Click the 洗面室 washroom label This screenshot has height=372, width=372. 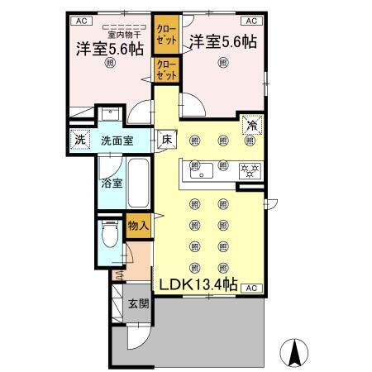(x=117, y=141)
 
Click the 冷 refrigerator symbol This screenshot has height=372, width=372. (x=250, y=126)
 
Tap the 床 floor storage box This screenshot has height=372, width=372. (x=166, y=139)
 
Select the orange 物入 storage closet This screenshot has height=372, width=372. (x=137, y=222)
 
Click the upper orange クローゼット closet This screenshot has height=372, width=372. (x=166, y=36)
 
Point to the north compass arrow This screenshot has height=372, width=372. (x=294, y=353)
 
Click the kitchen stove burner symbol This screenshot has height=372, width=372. (x=246, y=171)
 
